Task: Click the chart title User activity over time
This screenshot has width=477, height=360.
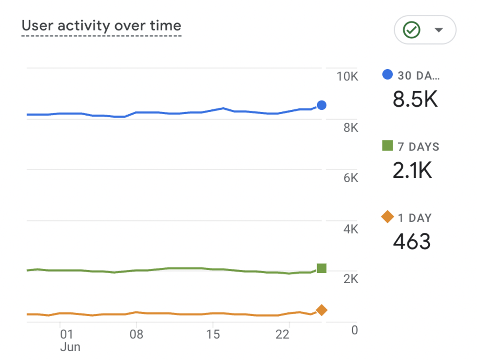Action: pyautogui.click(x=101, y=26)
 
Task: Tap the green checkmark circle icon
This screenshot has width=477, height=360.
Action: pyautogui.click(x=411, y=30)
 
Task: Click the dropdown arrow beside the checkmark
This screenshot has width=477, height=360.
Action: pyautogui.click(x=439, y=30)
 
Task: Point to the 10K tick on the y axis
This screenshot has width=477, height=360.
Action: pyautogui.click(x=347, y=76)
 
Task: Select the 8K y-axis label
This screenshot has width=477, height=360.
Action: pyautogui.click(x=350, y=128)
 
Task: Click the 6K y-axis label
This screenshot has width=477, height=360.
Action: pyautogui.click(x=350, y=178)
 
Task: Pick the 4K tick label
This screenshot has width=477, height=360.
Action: pyautogui.click(x=350, y=230)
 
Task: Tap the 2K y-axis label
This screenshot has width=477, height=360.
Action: pyautogui.click(x=350, y=280)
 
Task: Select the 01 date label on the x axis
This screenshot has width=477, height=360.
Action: pyautogui.click(x=66, y=335)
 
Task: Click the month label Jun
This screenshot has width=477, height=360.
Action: pyautogui.click(x=70, y=347)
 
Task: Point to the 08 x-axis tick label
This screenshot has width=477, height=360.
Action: pyautogui.click(x=136, y=335)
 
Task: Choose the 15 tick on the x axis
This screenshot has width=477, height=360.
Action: pyautogui.click(x=213, y=335)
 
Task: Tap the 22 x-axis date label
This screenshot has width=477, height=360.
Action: pyautogui.click(x=282, y=335)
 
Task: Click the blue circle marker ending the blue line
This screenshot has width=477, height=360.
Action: pyautogui.click(x=322, y=105)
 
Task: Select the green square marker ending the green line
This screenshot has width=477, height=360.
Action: pyautogui.click(x=322, y=269)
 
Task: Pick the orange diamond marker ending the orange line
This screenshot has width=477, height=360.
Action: pyautogui.click(x=322, y=310)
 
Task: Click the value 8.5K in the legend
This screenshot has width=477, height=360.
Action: pyautogui.click(x=415, y=99)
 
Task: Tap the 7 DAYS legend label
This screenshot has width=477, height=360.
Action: pyautogui.click(x=418, y=147)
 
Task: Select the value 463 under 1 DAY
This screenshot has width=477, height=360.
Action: pyautogui.click(x=411, y=241)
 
